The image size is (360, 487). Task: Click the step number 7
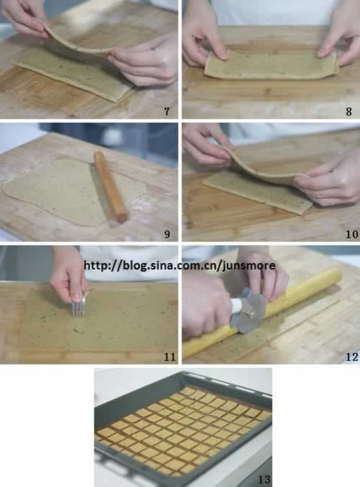click(167, 111)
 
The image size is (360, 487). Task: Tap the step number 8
click(348, 112)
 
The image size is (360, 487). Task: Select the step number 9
click(167, 234)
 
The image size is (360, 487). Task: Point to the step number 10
click(352, 234)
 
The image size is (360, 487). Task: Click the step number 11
click(169, 357)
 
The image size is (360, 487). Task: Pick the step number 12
click(352, 357)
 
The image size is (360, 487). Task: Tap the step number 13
click(264, 479)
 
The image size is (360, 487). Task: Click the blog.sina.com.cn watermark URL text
click(179, 266)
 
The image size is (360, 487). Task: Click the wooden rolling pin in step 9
click(110, 187)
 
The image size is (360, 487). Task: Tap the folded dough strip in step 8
click(271, 66)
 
